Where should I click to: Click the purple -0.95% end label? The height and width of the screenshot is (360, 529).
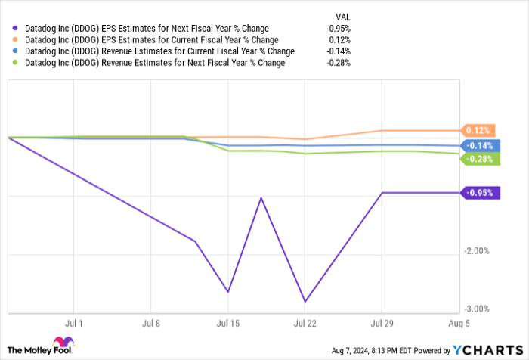click(x=479, y=193)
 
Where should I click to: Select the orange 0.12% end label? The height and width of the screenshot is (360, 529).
click(x=478, y=130)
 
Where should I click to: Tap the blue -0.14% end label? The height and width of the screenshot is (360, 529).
click(x=478, y=145)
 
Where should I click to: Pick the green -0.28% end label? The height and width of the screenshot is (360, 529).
click(x=478, y=159)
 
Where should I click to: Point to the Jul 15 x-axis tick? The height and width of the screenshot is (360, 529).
click(x=227, y=323)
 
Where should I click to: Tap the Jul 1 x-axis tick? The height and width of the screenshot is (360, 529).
click(x=76, y=323)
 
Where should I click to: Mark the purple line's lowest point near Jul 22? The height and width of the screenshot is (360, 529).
click(x=305, y=302)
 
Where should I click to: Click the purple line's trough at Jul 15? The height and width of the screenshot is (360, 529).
click(x=227, y=292)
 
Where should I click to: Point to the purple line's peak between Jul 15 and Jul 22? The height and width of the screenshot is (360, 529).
click(x=261, y=198)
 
